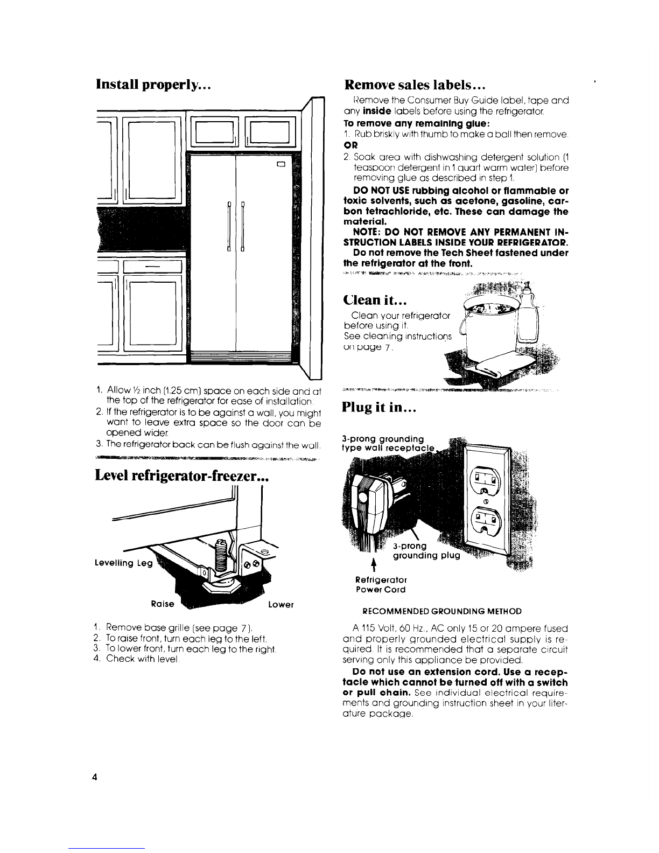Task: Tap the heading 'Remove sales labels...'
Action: point(416,85)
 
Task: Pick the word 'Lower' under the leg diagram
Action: point(281,604)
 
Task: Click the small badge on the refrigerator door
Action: point(281,164)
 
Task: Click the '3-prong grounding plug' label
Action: point(425,551)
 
